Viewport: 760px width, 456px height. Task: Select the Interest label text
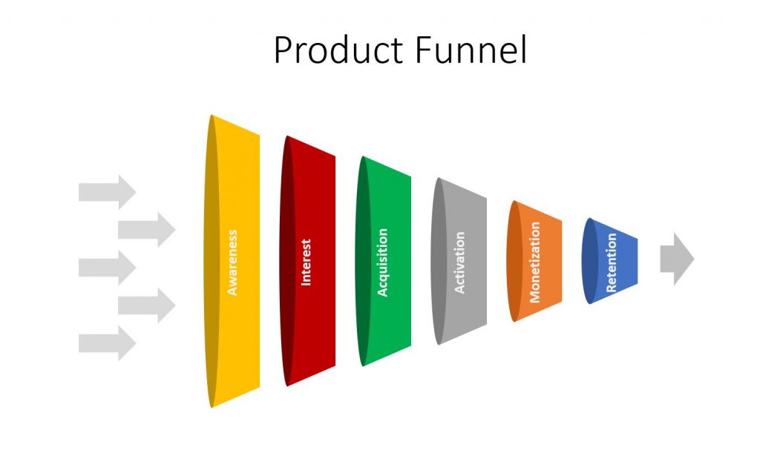tap(306, 262)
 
